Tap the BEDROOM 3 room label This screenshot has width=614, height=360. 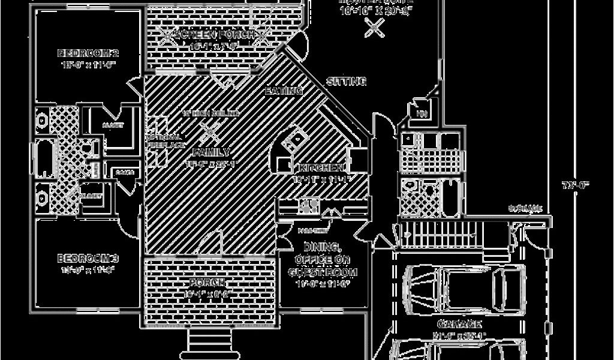click(x=88, y=259)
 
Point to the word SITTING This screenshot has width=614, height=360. click(x=346, y=81)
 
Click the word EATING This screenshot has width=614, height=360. click(x=283, y=91)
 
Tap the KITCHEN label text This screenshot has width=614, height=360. click(x=319, y=167)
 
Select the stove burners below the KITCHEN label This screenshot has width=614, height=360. click(x=309, y=206)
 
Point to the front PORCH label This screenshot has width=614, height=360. click(x=207, y=283)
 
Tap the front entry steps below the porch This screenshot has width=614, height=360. click(x=212, y=344)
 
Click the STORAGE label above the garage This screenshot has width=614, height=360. click(x=525, y=209)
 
